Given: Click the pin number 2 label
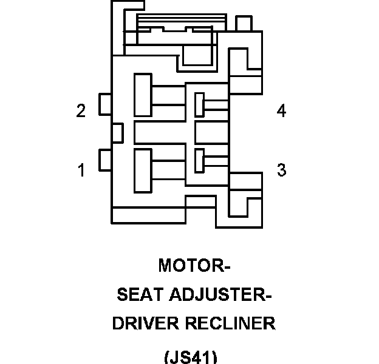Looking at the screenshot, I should coord(81,111).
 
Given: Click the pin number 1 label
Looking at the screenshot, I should coord(81,170).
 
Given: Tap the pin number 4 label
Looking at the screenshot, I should coord(281,111).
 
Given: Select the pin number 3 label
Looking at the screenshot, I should coord(281,170).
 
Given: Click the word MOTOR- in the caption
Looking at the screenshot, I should coord(194,266).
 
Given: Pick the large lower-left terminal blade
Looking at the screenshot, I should coord(143,168).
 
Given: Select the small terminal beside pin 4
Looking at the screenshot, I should coord(199,104).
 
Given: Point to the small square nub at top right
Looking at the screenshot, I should coord(243,24).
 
